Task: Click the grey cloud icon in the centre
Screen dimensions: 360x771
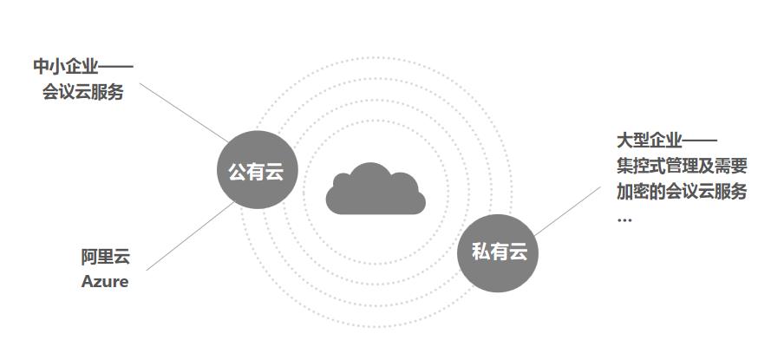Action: click(x=376, y=188)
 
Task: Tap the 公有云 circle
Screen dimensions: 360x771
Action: click(x=256, y=171)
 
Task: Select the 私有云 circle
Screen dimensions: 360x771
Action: click(x=499, y=252)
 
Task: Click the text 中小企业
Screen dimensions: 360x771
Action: click(x=66, y=67)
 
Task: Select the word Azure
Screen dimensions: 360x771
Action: click(x=105, y=281)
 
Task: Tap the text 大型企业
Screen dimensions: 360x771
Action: click(x=650, y=141)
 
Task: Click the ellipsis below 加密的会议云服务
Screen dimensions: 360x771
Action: click(x=624, y=218)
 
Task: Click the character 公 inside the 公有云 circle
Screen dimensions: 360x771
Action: click(x=237, y=172)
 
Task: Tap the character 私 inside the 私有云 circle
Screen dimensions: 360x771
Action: click(x=480, y=252)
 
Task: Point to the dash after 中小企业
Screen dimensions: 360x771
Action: click(x=117, y=67)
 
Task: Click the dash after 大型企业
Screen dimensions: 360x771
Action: click(x=701, y=141)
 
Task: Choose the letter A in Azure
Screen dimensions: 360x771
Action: click(x=88, y=281)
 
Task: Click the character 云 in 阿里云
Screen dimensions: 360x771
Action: click(x=121, y=257)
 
